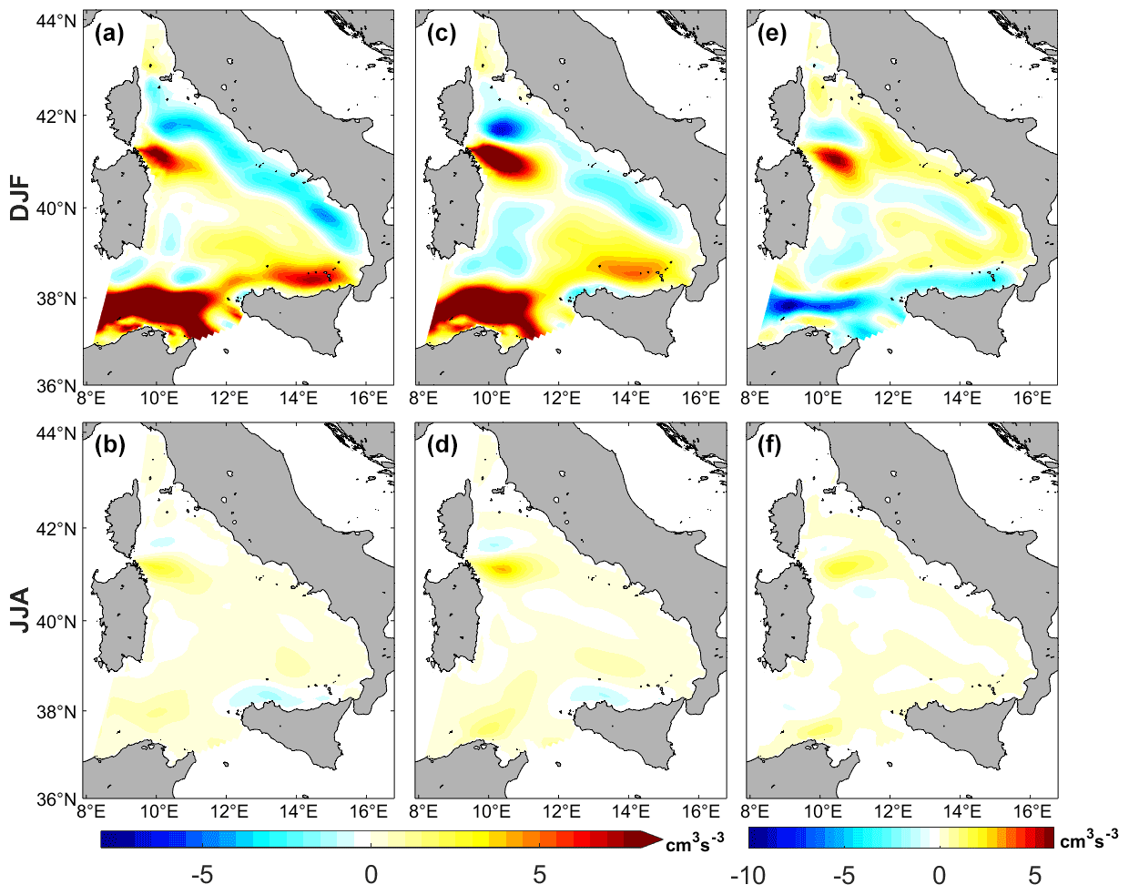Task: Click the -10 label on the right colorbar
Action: pyautogui.click(x=748, y=875)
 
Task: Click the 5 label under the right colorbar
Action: pyautogui.click(x=1035, y=875)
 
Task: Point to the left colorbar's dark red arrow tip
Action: pyautogui.click(x=655, y=839)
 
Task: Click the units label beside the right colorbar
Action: pyautogui.click(x=1089, y=840)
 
